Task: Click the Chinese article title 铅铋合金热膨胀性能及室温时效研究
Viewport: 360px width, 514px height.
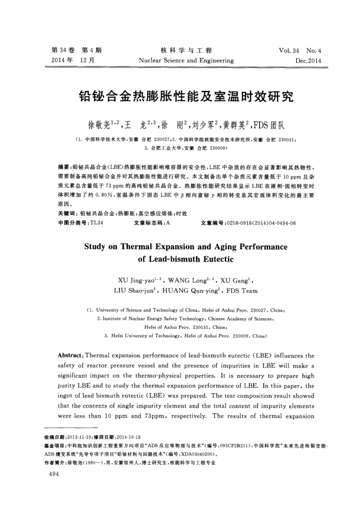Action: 179,96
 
